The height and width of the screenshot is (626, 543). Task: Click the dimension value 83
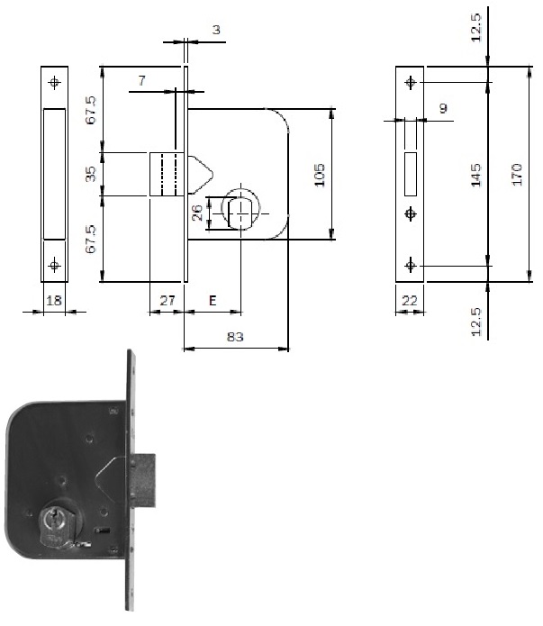click(235, 337)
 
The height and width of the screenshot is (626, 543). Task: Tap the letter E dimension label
click(213, 300)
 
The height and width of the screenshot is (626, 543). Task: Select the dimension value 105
click(320, 175)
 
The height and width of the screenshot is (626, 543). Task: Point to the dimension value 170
click(517, 174)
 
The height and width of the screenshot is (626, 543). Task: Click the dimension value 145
click(475, 175)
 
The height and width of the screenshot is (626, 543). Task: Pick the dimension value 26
click(197, 213)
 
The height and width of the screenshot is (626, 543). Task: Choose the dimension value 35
click(91, 174)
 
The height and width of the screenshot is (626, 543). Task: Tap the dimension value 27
click(167, 300)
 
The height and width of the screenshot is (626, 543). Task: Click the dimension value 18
click(54, 300)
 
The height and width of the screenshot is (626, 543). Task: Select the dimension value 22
click(409, 300)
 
